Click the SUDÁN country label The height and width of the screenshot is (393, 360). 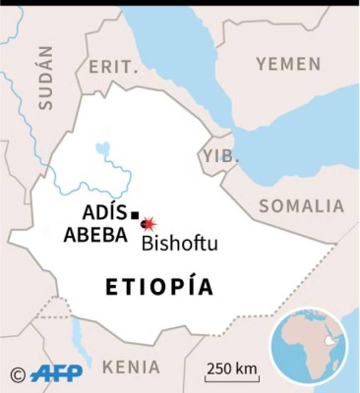click(x=46, y=78)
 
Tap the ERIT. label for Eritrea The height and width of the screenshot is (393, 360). click(x=114, y=67)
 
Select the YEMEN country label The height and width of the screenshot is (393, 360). click(x=288, y=64)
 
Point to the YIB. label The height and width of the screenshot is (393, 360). click(x=221, y=156)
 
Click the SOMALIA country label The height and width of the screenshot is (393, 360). click(x=302, y=206)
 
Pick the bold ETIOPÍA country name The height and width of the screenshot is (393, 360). click(x=159, y=287)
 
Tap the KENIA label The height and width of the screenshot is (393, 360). click(x=131, y=367)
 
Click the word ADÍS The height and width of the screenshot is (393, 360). click(x=105, y=212)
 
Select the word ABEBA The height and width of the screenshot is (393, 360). click(x=96, y=235)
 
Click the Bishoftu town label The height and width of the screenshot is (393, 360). click(x=180, y=244)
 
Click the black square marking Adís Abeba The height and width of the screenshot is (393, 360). click(x=135, y=215)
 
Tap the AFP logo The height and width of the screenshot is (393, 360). click(x=57, y=373)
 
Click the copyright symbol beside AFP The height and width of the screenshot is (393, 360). click(x=18, y=375)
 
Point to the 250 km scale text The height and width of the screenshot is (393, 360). click(x=232, y=368)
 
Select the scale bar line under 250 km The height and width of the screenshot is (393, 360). click(x=232, y=379)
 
